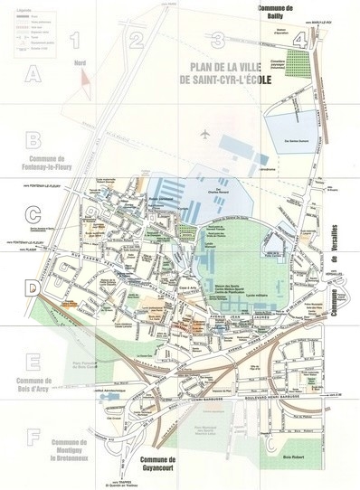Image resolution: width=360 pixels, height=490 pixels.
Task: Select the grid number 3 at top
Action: (x=218, y=38)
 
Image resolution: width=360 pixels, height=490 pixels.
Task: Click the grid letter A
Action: (x=33, y=76)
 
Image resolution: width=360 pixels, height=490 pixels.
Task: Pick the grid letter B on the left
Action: (x=33, y=141)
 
